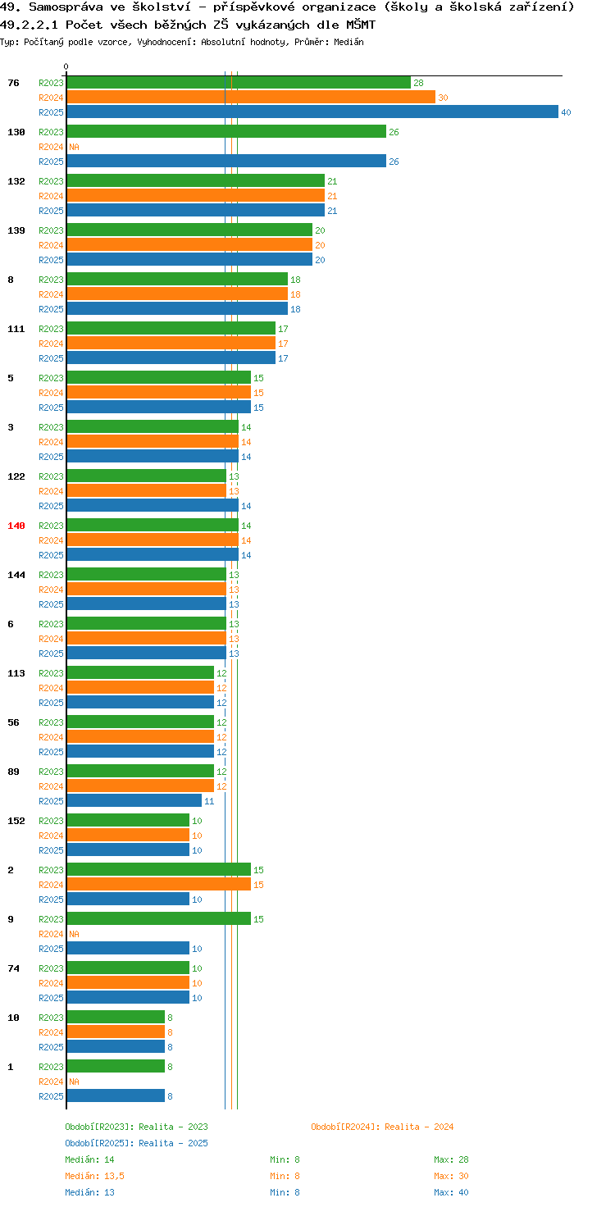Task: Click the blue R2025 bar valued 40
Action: (x=312, y=112)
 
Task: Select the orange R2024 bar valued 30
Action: (x=251, y=98)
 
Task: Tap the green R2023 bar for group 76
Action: (x=239, y=83)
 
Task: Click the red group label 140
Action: (x=16, y=526)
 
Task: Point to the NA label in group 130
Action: (x=74, y=147)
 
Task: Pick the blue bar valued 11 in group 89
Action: (x=134, y=801)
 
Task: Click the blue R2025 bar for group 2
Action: (x=128, y=900)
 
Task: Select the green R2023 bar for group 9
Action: (x=159, y=918)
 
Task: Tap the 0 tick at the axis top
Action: (x=66, y=66)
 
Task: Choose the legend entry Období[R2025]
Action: (x=99, y=1143)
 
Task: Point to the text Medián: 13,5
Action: (x=95, y=1176)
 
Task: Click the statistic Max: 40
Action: (x=451, y=1192)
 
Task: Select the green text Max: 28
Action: (x=451, y=1159)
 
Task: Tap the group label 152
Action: (x=16, y=821)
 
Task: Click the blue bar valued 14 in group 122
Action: (x=153, y=505)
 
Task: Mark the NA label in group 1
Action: (x=74, y=1082)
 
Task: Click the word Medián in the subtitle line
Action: (x=348, y=42)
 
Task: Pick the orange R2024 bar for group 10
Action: (x=116, y=1032)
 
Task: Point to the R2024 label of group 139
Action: (x=51, y=245)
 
